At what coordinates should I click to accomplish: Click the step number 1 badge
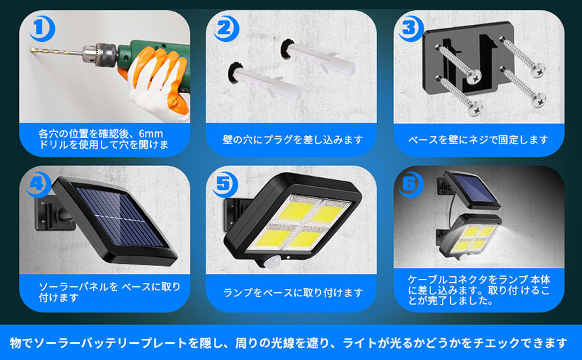41,28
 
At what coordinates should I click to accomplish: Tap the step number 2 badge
226,28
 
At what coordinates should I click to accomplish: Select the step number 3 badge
411,28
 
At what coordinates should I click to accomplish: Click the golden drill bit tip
31,50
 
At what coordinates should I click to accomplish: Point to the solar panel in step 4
115,219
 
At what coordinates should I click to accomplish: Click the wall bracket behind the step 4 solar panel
52,215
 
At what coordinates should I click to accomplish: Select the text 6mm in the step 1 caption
151,133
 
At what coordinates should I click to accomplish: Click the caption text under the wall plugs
292,139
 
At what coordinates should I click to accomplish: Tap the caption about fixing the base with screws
478,139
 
